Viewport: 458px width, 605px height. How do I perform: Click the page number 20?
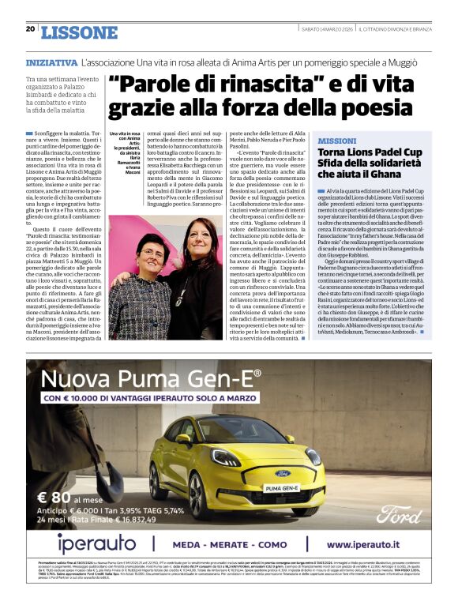pyautogui.click(x=30, y=29)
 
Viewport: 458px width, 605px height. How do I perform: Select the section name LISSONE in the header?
pyautogui.click(x=79, y=32)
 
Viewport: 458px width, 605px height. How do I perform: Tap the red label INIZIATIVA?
pyautogui.click(x=51, y=61)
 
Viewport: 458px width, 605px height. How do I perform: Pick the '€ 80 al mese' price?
pyautogui.click(x=69, y=498)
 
